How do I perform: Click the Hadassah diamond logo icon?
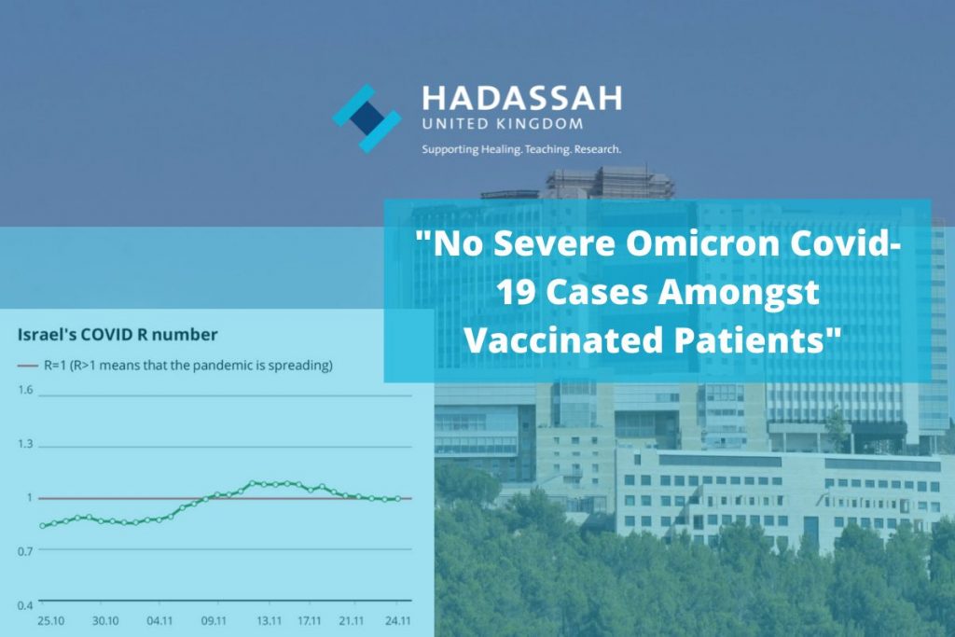(x=367, y=118)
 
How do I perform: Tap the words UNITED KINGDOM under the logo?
(x=503, y=124)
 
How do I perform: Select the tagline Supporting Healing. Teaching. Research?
(x=521, y=149)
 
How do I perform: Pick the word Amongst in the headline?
(x=739, y=293)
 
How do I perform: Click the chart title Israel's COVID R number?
(x=118, y=334)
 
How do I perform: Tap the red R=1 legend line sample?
(x=27, y=366)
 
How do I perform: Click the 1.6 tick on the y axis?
(x=25, y=390)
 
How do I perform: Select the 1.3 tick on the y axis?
(x=25, y=443)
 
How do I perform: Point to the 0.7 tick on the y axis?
(x=25, y=550)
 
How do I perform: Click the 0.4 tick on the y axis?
(x=25, y=605)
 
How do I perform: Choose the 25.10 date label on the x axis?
(x=51, y=620)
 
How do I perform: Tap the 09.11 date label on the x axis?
(x=214, y=620)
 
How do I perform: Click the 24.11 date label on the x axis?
(x=397, y=620)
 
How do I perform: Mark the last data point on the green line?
(x=397, y=499)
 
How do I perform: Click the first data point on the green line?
(x=42, y=526)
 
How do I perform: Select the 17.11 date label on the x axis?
(x=310, y=620)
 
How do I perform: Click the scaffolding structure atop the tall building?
(x=608, y=182)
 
